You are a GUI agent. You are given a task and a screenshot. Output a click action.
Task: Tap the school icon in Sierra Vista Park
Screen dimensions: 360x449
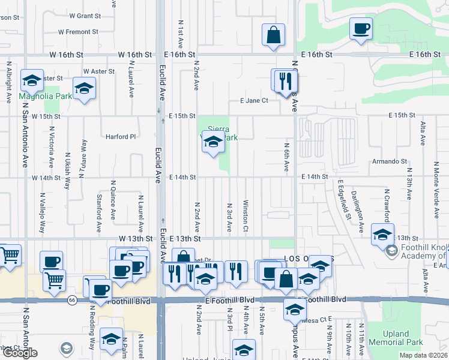(212, 142)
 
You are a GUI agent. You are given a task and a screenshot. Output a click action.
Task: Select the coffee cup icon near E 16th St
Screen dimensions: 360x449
(361, 29)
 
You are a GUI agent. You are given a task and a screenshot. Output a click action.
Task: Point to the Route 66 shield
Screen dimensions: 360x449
(72, 300)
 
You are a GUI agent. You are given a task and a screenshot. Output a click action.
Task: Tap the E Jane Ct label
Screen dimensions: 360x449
(254, 101)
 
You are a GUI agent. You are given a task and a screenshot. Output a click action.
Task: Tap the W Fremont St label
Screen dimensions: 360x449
(78, 32)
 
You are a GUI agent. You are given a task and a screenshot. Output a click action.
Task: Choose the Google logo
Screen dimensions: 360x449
(19, 353)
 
